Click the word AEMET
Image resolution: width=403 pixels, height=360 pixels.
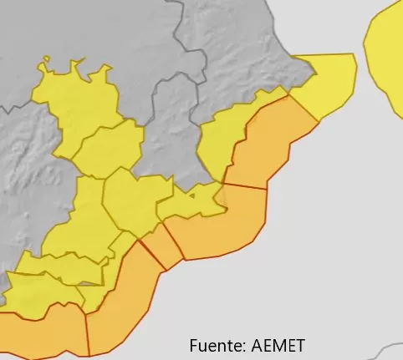click(277, 345)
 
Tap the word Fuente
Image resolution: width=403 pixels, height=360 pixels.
click(214, 345)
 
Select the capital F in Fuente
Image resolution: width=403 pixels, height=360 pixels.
click(194, 345)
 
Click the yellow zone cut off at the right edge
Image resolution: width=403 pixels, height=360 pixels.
click(387, 58)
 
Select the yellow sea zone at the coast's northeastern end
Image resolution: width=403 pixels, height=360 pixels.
click(327, 84)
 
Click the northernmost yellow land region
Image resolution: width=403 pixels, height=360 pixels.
click(75, 100)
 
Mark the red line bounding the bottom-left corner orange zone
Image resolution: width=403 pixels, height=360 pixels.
click(86, 330)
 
